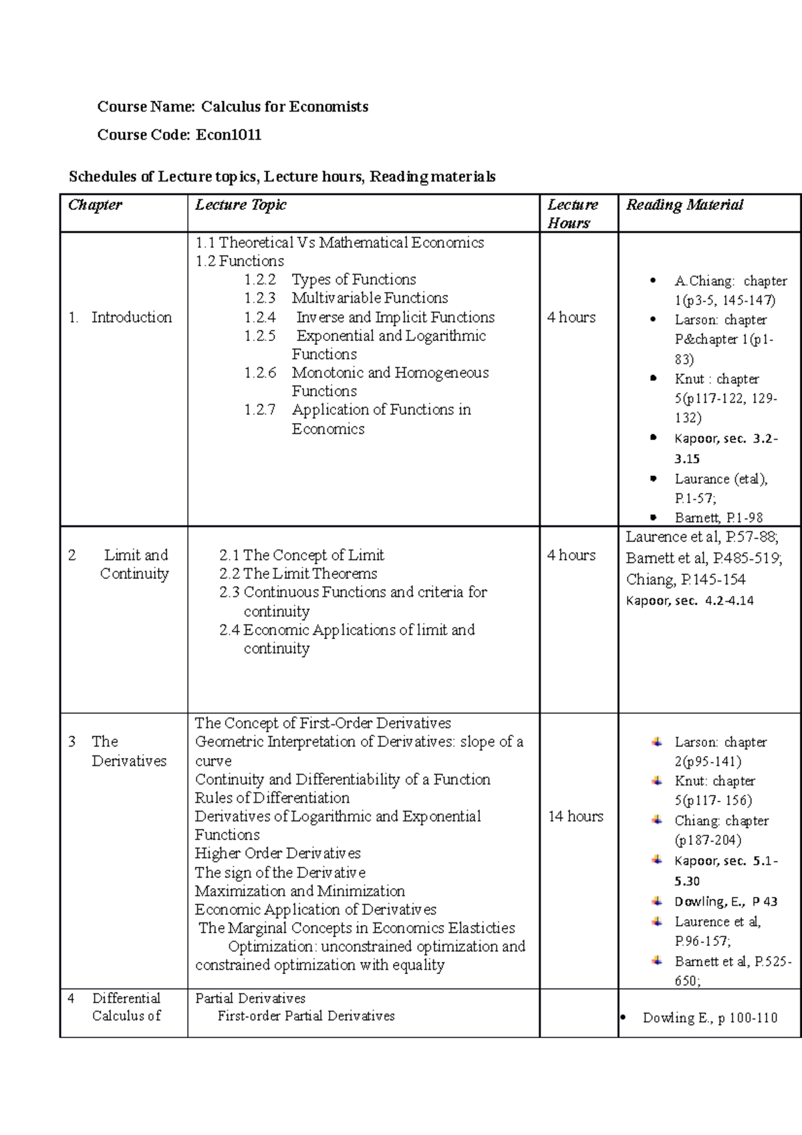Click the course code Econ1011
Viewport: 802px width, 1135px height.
pyautogui.click(x=228, y=135)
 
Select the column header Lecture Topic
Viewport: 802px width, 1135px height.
pyautogui.click(x=241, y=205)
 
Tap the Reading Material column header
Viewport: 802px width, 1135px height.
pyautogui.click(x=684, y=205)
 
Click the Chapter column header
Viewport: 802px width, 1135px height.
pyautogui.click(x=95, y=205)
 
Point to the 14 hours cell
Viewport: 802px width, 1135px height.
pyautogui.click(x=575, y=816)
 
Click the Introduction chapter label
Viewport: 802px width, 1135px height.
pyautogui.click(x=131, y=318)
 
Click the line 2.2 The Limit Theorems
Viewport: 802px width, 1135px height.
pyautogui.click(x=298, y=574)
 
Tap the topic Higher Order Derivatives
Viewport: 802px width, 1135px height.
pyautogui.click(x=277, y=854)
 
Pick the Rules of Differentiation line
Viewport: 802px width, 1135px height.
pyautogui.click(x=272, y=798)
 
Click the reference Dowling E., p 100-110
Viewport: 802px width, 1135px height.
pyautogui.click(x=710, y=1018)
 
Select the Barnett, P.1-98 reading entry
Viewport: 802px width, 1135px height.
pyautogui.click(x=718, y=518)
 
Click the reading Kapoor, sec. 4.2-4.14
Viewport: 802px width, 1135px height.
pyautogui.click(x=690, y=601)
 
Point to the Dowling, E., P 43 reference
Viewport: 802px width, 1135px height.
pyautogui.click(x=726, y=902)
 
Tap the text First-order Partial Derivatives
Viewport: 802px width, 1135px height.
pyautogui.click(x=306, y=1016)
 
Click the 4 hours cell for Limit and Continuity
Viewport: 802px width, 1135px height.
pyautogui.click(x=571, y=555)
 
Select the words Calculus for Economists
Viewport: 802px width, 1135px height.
pyautogui.click(x=285, y=107)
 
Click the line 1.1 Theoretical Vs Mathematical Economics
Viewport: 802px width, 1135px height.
pyautogui.click(x=340, y=243)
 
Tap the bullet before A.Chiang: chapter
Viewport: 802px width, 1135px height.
pyautogui.click(x=653, y=281)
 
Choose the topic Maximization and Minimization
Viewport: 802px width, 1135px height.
pyautogui.click(x=299, y=891)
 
